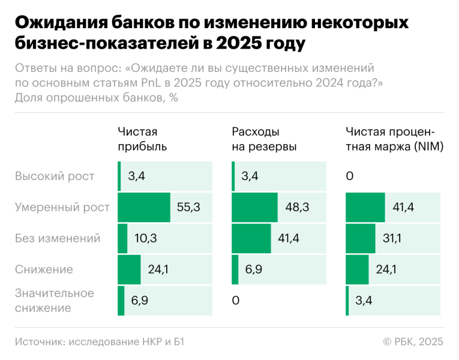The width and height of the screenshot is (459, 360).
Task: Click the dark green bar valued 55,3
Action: [x=144, y=207]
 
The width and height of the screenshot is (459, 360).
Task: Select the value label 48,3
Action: [x=297, y=207]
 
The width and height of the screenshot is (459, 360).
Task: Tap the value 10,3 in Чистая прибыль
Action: [x=145, y=238]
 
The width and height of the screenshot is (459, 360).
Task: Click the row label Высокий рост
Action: [x=55, y=176]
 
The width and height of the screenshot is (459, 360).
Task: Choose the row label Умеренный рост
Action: [x=62, y=207]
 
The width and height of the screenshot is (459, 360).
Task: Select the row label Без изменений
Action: [x=58, y=238]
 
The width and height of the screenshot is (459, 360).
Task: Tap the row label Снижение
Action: [x=44, y=269]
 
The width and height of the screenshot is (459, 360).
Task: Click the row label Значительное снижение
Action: [x=55, y=301]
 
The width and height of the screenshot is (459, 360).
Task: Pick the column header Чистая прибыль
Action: [x=142, y=139]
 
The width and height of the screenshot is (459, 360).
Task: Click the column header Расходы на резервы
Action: [x=264, y=139]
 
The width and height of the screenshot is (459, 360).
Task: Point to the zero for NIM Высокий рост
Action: [x=350, y=176]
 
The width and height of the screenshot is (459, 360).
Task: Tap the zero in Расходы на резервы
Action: [x=236, y=301]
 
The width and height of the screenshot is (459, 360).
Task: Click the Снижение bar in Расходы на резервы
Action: [x=235, y=269]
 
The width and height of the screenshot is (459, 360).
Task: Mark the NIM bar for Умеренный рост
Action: [x=365, y=207]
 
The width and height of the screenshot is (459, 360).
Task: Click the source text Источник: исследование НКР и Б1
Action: [x=99, y=341]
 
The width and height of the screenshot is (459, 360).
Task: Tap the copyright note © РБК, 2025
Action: [x=413, y=341]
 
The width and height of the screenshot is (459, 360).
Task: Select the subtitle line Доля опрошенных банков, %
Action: [x=96, y=98]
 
